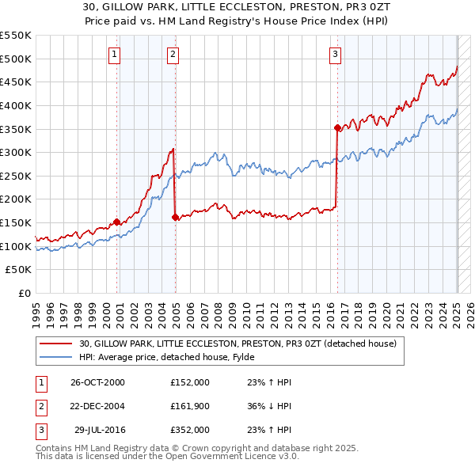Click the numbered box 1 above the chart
115,55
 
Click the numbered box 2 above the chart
173,55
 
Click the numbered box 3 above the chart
335,55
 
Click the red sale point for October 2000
117,222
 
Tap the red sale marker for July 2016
337,127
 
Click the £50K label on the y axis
19,270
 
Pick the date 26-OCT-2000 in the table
97,382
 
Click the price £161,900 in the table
189,406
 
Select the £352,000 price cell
189,430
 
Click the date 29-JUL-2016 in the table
101,430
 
